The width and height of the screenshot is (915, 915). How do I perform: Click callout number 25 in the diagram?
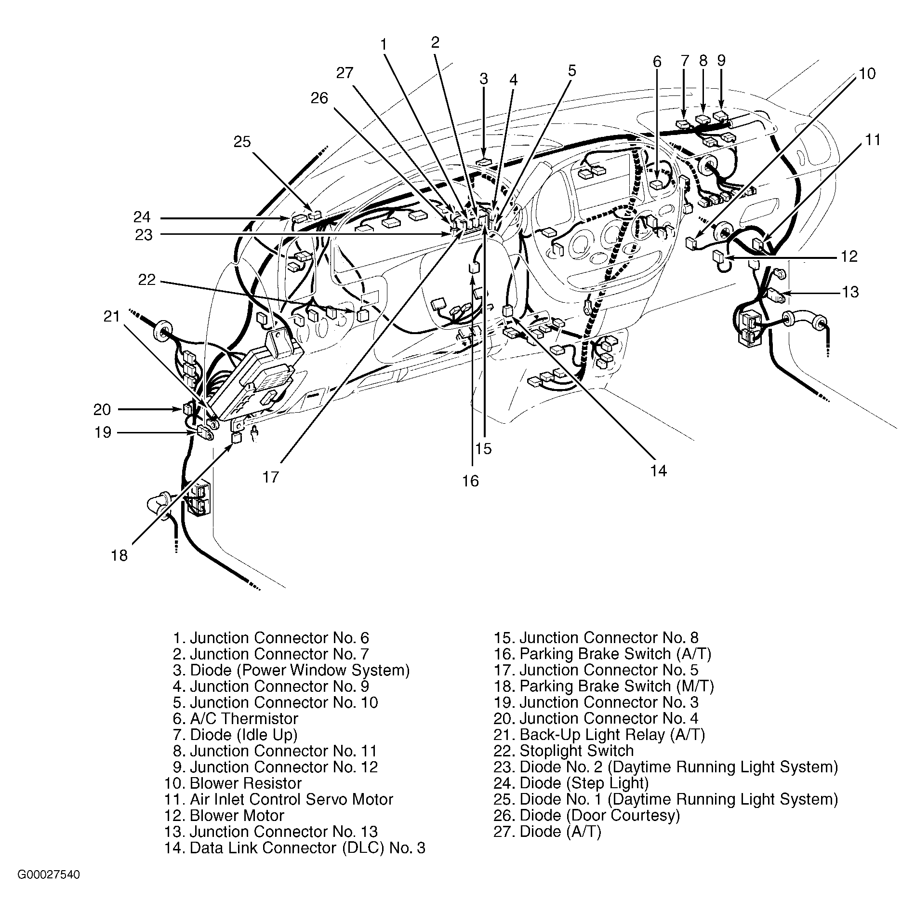click(x=242, y=142)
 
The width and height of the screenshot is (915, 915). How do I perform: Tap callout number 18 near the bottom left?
click(x=119, y=555)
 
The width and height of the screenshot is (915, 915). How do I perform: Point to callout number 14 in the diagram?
click(x=658, y=471)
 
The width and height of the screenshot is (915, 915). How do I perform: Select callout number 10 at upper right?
click(x=866, y=74)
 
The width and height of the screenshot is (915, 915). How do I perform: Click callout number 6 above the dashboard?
click(x=657, y=62)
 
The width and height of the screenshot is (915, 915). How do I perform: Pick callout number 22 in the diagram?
click(x=147, y=280)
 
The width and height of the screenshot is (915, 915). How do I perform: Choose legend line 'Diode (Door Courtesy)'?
click(x=586, y=815)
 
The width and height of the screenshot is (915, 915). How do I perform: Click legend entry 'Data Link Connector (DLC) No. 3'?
click(x=294, y=848)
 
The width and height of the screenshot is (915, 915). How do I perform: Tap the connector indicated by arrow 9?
click(x=721, y=116)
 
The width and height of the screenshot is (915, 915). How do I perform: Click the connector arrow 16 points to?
click(x=473, y=268)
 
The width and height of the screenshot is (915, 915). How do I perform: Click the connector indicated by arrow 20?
click(x=188, y=409)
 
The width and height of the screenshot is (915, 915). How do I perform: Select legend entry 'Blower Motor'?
click(x=224, y=815)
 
